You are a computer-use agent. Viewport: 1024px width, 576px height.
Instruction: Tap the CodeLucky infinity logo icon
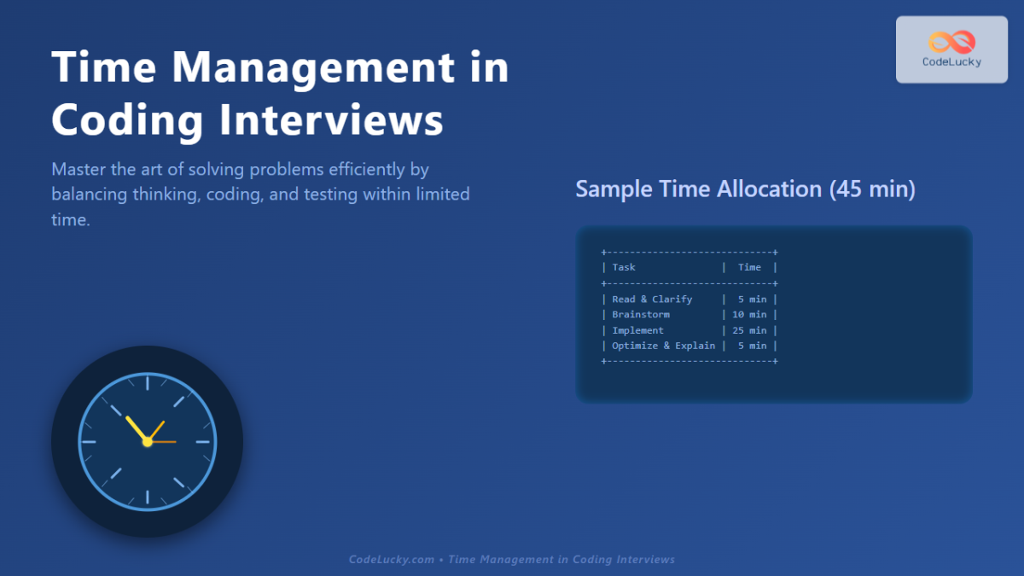[951, 42]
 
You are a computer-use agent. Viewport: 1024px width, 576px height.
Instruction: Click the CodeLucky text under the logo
[951, 62]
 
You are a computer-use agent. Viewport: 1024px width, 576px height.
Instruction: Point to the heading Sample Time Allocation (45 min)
[745, 189]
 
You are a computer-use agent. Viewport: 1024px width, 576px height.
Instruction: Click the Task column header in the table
[624, 267]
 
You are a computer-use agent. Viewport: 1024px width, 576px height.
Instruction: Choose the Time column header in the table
[749, 267]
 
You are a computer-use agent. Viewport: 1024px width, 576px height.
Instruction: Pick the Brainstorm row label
[641, 315]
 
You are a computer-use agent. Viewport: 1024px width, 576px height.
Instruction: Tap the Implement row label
[637, 330]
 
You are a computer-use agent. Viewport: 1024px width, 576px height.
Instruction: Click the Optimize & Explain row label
[663, 346]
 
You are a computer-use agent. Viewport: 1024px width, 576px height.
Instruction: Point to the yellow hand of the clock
[136, 428]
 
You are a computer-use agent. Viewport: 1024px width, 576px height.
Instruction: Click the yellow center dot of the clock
[147, 442]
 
